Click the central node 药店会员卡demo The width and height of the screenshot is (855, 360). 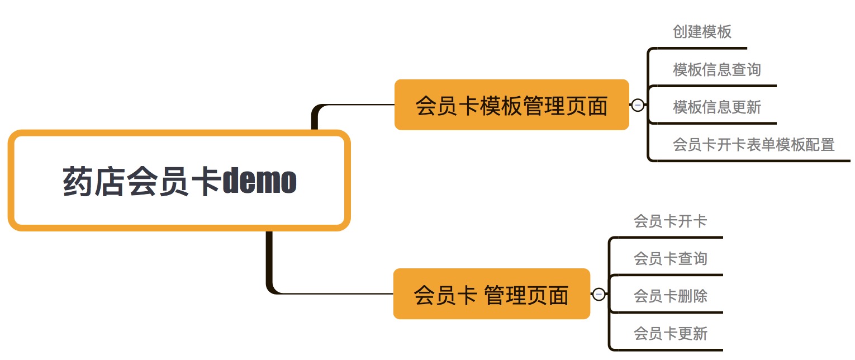(179, 180)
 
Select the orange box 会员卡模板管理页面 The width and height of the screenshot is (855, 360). (511, 105)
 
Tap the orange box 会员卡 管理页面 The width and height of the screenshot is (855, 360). (491, 294)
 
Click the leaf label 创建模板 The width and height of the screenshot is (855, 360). (702, 31)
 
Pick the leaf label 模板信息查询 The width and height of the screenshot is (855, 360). (717, 70)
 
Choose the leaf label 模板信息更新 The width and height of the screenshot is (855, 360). (717, 107)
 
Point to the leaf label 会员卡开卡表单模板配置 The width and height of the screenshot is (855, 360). (753, 145)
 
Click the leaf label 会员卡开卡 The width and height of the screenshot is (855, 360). (670, 221)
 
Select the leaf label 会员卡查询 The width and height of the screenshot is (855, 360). (670, 258)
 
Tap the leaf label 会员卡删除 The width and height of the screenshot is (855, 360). (670, 296)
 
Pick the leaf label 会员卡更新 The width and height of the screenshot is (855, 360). (670, 334)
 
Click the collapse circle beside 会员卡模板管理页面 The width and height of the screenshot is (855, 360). (638, 105)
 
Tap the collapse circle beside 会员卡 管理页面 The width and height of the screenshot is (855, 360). (598, 294)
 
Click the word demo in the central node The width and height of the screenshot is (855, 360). (259, 181)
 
